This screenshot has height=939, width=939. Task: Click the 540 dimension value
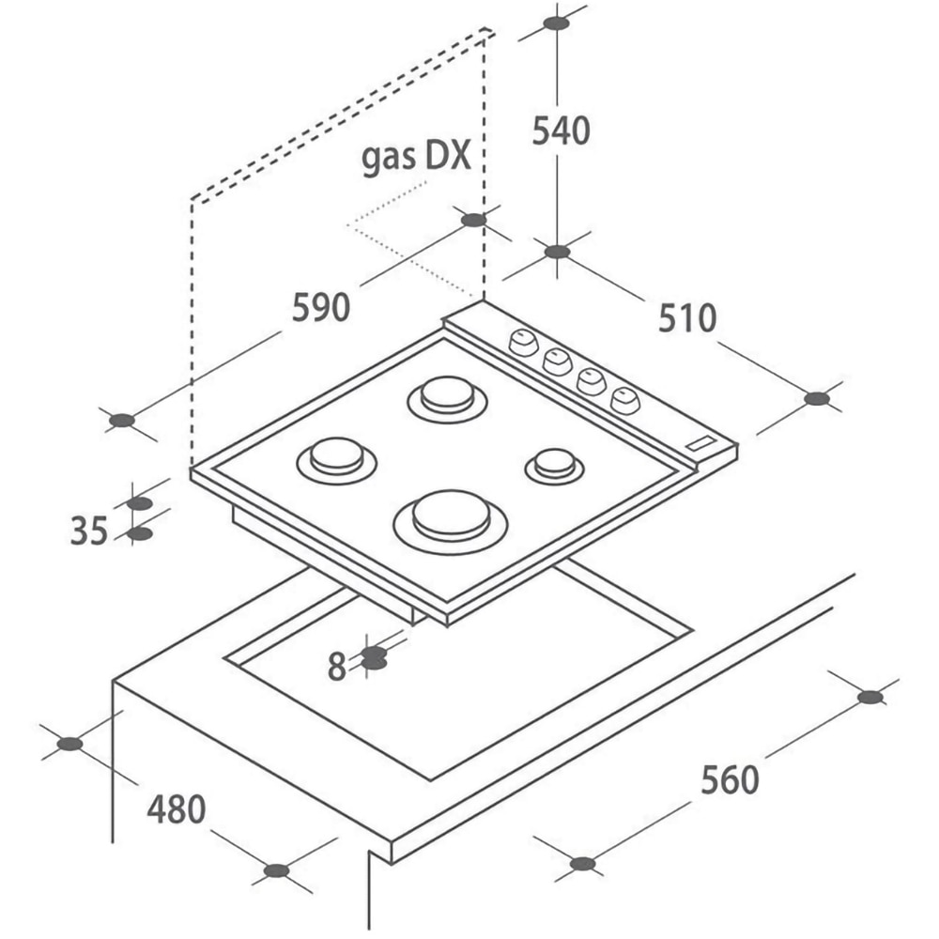click(562, 131)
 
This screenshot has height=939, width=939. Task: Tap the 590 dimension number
click(321, 307)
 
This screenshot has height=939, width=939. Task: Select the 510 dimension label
click(687, 318)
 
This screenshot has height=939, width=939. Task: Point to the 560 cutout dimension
click(730, 779)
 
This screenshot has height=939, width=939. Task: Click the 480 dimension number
click(177, 809)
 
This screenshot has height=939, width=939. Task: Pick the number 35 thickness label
click(89, 531)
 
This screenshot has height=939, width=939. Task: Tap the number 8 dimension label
click(337, 667)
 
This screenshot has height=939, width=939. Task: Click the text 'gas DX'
click(416, 158)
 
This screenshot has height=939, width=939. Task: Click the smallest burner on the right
click(555, 466)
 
